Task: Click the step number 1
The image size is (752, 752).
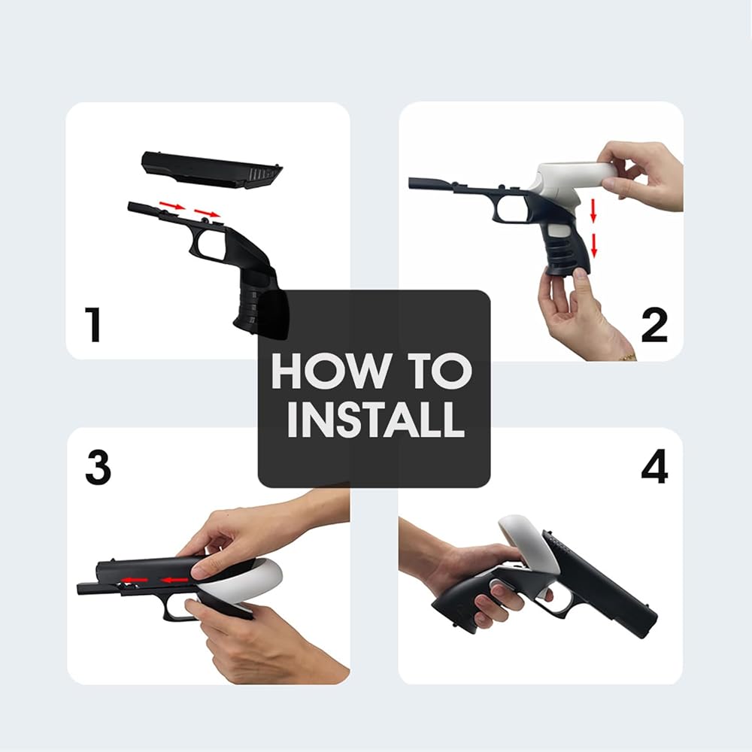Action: tap(93, 325)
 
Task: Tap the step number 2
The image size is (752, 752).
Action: tap(654, 325)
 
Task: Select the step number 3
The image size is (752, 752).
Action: tap(99, 467)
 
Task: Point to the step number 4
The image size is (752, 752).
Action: tap(654, 466)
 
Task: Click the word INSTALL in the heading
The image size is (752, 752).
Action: tap(375, 420)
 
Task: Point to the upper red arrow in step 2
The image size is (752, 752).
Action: tap(593, 210)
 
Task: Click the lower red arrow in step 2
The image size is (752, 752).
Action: tap(594, 246)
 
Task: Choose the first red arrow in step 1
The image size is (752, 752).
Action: tap(172, 206)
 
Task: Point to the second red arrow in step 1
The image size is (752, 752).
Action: tap(207, 213)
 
